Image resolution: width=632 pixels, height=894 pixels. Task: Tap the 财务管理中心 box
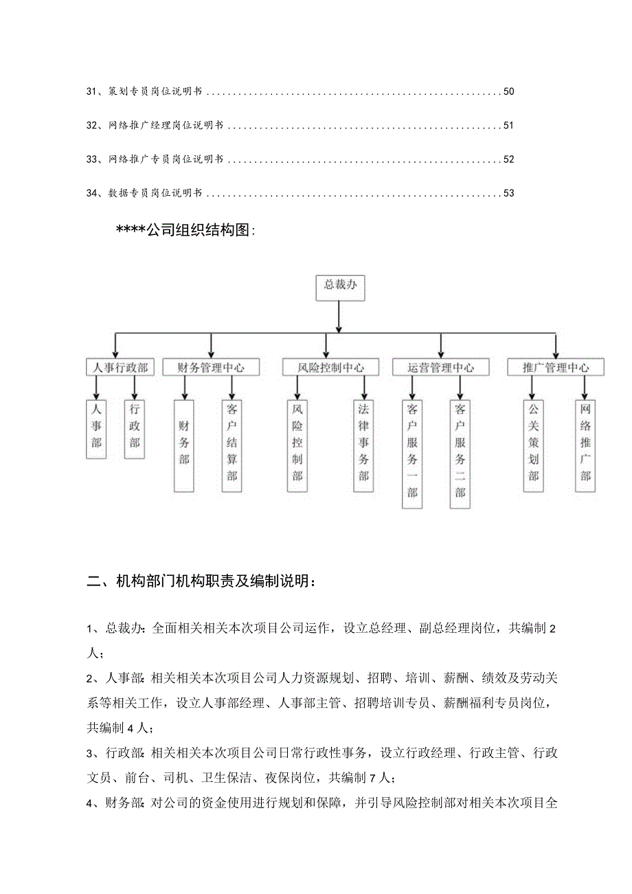click(211, 368)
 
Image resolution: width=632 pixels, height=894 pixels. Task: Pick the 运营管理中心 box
click(440, 368)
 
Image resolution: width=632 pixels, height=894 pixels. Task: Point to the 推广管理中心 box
click(556, 368)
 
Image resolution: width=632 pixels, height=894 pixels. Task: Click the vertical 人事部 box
click(97, 429)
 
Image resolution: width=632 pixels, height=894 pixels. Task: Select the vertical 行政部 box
click(135, 429)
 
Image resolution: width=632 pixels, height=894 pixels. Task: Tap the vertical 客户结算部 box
click(232, 445)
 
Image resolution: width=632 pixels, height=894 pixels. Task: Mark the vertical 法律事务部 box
click(363, 445)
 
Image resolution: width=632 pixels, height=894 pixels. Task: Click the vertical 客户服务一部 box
click(412, 454)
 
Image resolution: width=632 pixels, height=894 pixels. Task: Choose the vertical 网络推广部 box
click(585, 445)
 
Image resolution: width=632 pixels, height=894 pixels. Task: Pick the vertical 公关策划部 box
click(534, 445)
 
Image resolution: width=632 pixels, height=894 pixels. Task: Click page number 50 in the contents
click(508, 91)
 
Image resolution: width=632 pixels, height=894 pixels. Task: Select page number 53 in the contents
click(508, 193)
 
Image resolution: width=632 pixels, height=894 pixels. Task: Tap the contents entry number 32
click(93, 126)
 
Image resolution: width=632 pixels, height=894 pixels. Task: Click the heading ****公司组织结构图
click(185, 231)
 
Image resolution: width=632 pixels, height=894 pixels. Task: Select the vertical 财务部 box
click(184, 445)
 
